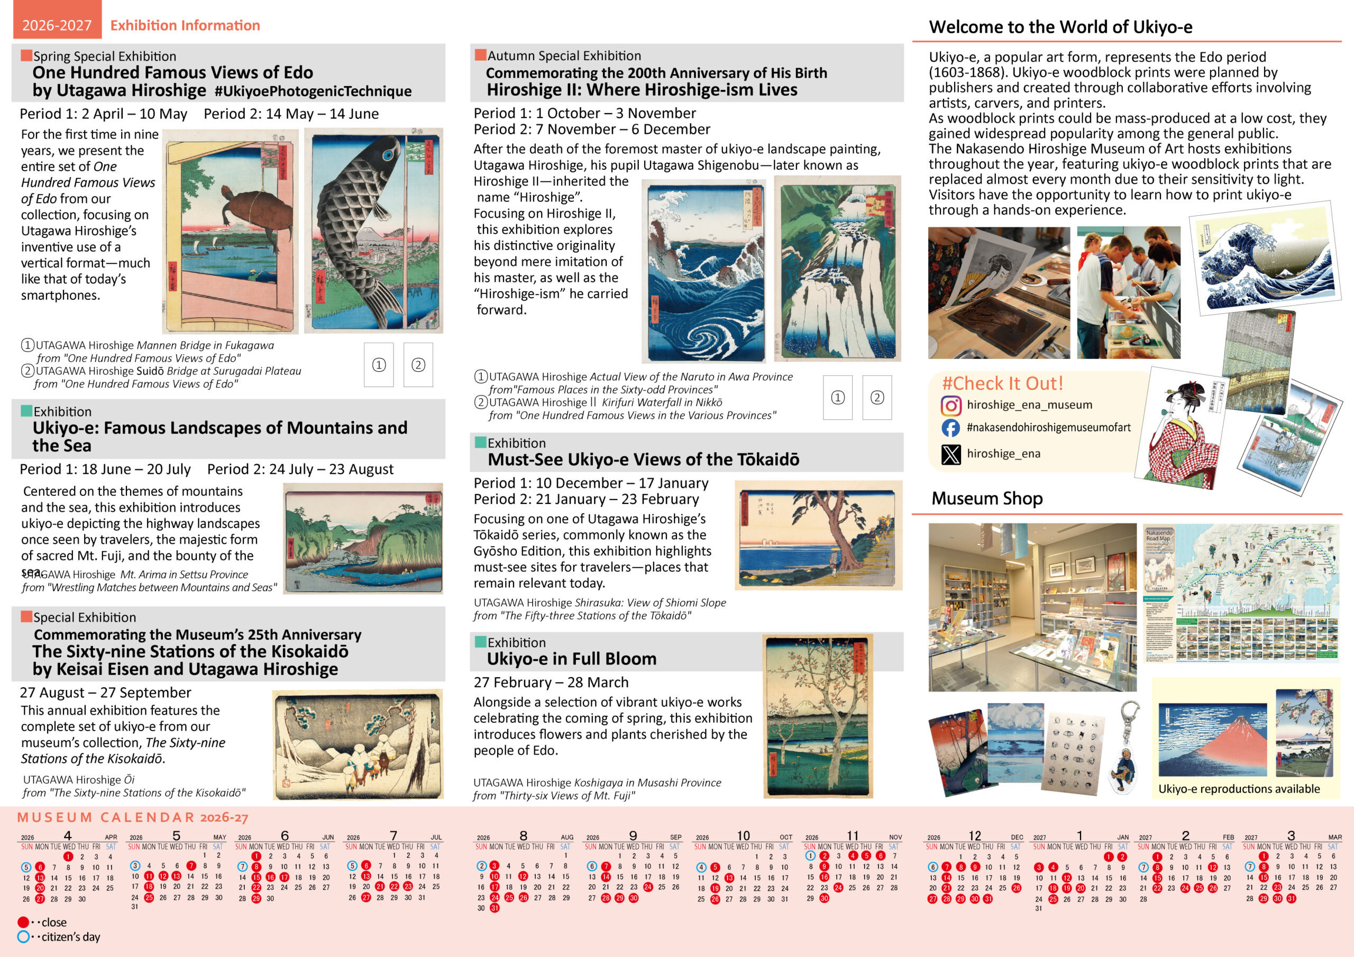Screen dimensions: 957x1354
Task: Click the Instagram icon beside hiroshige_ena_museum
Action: [950, 406]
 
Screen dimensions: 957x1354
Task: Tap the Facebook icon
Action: [950, 428]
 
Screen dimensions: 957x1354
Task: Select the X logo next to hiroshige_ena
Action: [950, 454]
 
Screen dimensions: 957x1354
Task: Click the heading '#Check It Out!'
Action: [1002, 384]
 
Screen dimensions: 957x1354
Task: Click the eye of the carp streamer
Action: [388, 155]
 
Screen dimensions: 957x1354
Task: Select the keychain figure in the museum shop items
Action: [1122, 767]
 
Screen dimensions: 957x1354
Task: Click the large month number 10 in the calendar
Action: [743, 835]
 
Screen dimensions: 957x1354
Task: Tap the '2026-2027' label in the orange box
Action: [57, 25]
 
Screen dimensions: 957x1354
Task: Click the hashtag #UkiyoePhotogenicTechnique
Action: [313, 91]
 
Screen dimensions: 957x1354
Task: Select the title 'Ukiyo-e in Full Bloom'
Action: [571, 659]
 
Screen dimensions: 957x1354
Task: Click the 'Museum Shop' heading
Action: [986, 499]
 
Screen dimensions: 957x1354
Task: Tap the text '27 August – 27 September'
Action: [106, 692]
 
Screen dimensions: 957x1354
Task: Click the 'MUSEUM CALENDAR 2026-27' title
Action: [133, 817]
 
